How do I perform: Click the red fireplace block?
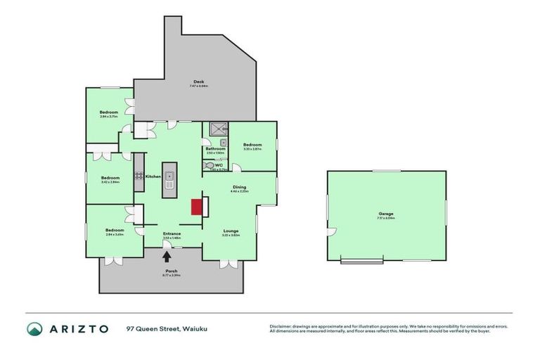198,206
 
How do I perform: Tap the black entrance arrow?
167,257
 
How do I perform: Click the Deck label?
199,82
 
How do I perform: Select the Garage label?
385,213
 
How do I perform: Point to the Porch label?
171,271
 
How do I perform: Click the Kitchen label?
153,176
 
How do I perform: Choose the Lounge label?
231,230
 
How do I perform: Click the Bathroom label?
215,148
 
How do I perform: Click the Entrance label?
172,233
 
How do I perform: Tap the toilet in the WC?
210,166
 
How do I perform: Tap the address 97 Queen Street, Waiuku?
167,328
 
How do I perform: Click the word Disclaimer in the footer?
282,326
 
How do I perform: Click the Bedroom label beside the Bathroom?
252,145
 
